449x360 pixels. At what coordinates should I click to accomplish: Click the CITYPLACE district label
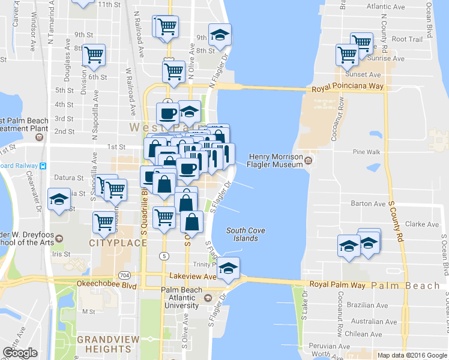pos(118,243)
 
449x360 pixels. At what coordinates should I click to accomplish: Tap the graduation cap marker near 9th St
pos(220,35)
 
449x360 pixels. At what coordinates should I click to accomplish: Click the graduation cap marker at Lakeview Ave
pos(228,269)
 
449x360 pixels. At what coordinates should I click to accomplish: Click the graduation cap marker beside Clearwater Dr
pos(59,200)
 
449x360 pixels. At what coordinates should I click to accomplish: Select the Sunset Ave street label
pos(366,75)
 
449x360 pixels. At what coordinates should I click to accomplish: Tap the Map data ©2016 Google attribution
pos(412,355)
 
